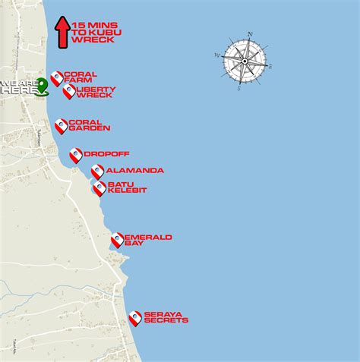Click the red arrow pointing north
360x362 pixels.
[x=62, y=31]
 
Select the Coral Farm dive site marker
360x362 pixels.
[x=57, y=78]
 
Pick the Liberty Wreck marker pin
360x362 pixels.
[x=69, y=91]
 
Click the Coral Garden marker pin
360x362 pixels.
[x=61, y=125]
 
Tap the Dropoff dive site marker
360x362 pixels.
[x=76, y=155]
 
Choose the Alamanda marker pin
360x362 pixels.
[x=97, y=171]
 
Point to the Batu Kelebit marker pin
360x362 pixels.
[x=99, y=187]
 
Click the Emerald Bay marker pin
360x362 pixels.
[x=117, y=240]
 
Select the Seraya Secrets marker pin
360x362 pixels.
[x=135, y=318]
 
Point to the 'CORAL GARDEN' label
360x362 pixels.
[x=89, y=125]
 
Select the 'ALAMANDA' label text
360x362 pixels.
[x=134, y=171]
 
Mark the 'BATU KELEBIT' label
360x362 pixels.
[x=126, y=187]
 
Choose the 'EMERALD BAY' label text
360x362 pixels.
[x=148, y=240]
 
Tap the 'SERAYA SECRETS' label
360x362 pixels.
[x=166, y=317]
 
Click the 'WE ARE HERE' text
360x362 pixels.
[x=18, y=86]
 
